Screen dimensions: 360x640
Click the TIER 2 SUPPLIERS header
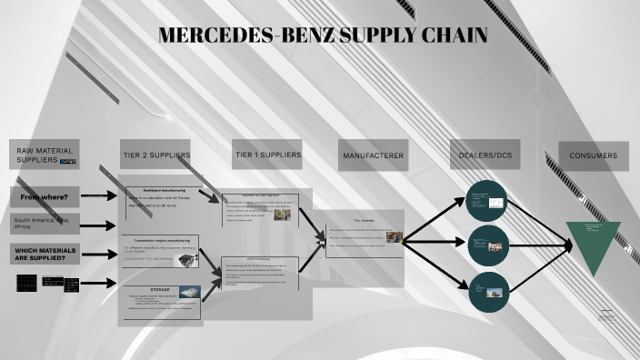(x=156, y=155)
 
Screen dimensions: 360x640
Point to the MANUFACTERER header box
(x=373, y=155)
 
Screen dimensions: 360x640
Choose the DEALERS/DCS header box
(x=483, y=155)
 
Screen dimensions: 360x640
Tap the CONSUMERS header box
(x=594, y=155)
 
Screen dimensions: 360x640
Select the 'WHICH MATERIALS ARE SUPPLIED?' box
(x=45, y=254)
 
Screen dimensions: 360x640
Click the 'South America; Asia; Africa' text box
(x=45, y=224)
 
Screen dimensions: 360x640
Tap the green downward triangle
(x=594, y=245)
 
